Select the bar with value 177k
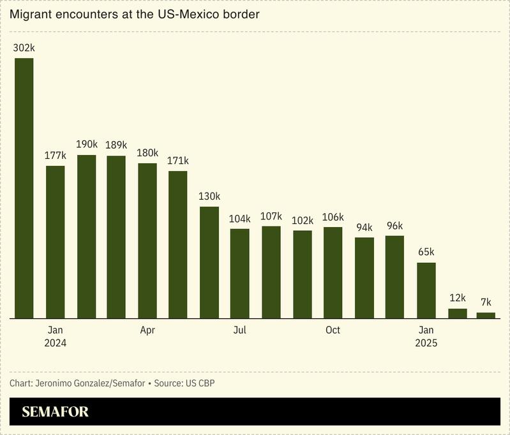[x=56, y=242]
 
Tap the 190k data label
[x=87, y=144]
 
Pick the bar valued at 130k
[x=209, y=262]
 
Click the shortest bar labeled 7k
[x=486, y=315]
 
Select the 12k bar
[x=458, y=313]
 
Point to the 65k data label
[x=426, y=252]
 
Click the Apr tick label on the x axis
[x=147, y=330]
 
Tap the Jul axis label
[x=239, y=330]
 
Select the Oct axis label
[x=333, y=330]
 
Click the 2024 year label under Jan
[x=56, y=343]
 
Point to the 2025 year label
[x=426, y=343]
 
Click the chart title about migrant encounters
[x=134, y=14]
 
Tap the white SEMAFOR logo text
[x=55, y=412]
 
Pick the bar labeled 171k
[x=178, y=244]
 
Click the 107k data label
[x=271, y=216]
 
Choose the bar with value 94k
[x=364, y=277]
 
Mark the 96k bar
[x=394, y=277]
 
